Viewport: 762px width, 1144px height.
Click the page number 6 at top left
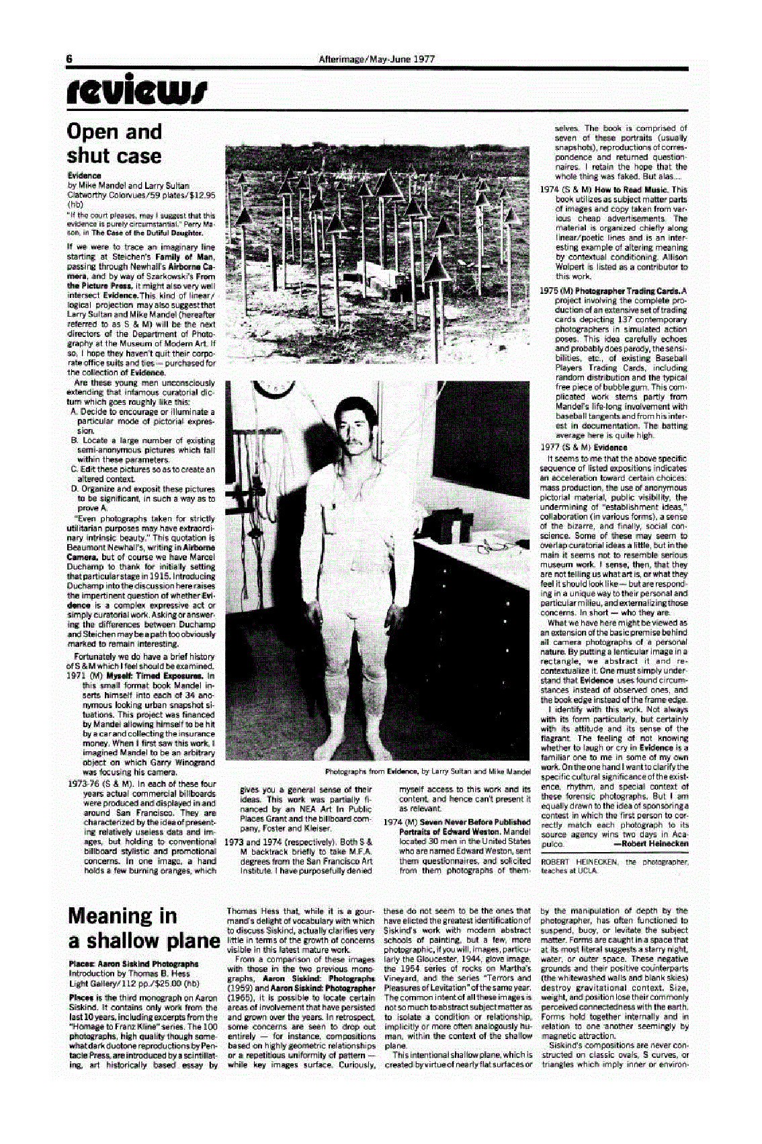pos(69,59)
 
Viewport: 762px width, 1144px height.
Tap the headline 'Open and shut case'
pos(114,143)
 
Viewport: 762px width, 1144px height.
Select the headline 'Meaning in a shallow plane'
pos(144,927)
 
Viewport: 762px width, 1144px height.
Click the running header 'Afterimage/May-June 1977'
pos(377,59)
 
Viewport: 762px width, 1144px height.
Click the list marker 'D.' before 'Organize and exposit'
pos(73,489)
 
